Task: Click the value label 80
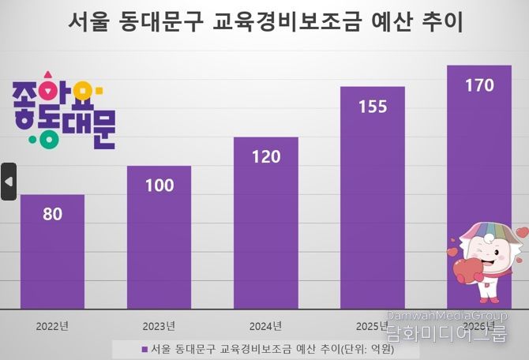pos(52,213)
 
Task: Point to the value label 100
pos(159,186)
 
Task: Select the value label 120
pos(265,156)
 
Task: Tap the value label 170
pos(478,85)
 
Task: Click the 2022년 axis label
pos(52,325)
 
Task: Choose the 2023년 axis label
pos(159,325)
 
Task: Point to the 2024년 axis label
pos(265,325)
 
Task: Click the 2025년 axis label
pos(372,325)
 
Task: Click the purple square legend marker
pos(144,348)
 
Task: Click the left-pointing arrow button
pos(9,182)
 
